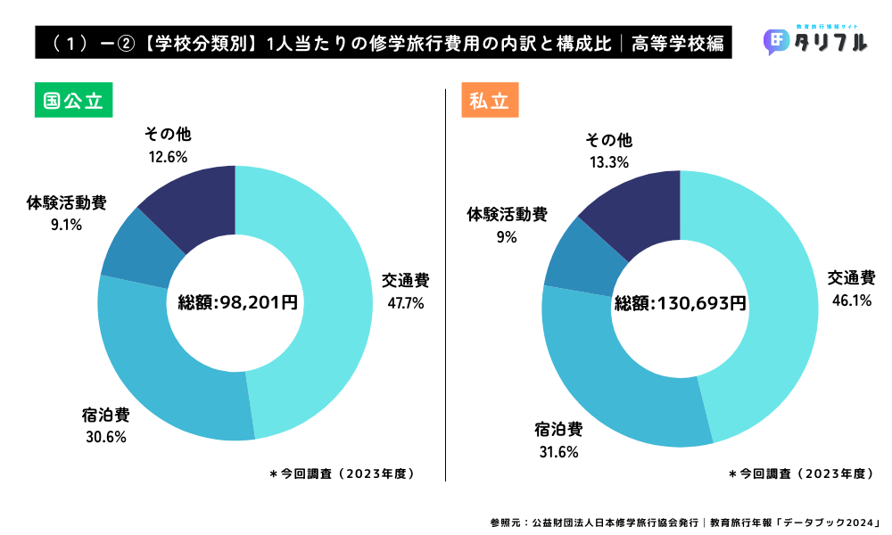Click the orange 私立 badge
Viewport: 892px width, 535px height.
tap(490, 101)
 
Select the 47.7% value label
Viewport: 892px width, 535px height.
tap(405, 302)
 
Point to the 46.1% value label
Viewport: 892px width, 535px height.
tap(852, 300)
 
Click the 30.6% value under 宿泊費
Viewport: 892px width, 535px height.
tap(107, 437)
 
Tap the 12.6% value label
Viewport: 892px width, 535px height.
tap(168, 157)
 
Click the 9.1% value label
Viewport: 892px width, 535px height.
tap(67, 226)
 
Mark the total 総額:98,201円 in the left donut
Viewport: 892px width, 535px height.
tap(237, 303)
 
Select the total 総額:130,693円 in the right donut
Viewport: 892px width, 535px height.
tap(681, 303)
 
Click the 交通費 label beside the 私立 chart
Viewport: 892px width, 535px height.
tap(851, 277)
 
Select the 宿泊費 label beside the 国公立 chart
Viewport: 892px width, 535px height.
tap(107, 415)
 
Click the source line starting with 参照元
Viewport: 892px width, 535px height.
tap(685, 522)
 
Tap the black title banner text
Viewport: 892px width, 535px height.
tap(384, 42)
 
